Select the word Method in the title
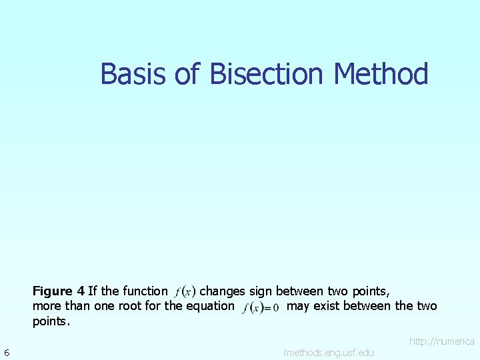(x=381, y=74)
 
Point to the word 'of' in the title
(x=187, y=74)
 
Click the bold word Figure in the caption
(x=53, y=291)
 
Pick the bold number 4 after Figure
(x=81, y=291)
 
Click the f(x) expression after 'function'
(x=185, y=291)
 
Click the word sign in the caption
(x=261, y=291)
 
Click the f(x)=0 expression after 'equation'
(x=261, y=307)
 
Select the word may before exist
(x=297, y=306)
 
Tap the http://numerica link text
(x=441, y=341)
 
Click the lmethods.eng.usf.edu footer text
(x=329, y=352)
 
